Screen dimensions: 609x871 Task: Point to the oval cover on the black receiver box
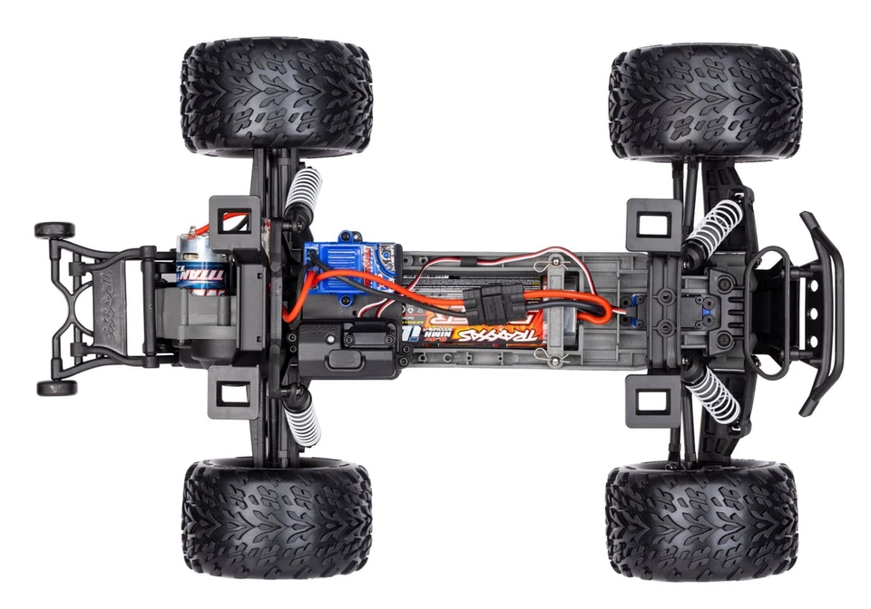click(x=344, y=357)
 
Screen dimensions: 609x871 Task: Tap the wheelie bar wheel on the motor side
click(x=54, y=230)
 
